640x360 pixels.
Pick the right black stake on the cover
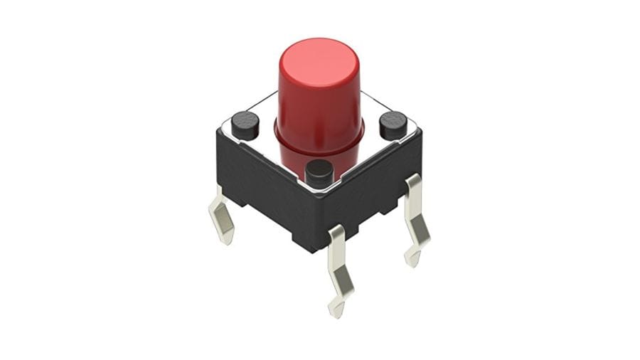coord(393,125)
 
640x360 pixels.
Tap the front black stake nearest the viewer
coord(319,173)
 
